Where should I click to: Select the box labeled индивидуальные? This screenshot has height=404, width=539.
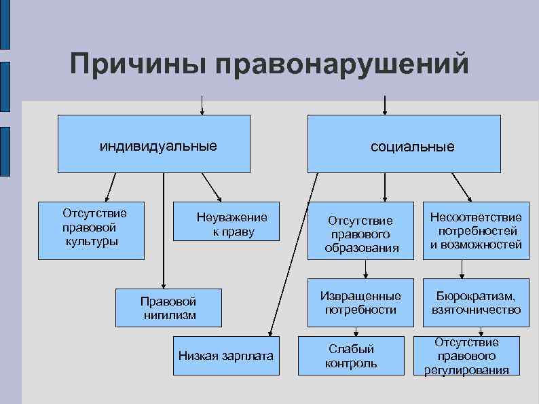(153, 144)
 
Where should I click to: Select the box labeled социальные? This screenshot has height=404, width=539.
(404, 144)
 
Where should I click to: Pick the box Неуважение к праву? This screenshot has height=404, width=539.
(227, 222)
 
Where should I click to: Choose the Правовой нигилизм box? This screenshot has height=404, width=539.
(169, 307)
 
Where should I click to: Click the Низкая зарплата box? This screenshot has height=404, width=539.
(226, 356)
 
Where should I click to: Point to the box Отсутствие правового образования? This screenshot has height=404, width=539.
(360, 231)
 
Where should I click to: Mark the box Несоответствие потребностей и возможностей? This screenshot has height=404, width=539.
(476, 231)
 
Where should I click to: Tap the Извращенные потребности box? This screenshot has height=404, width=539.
(360, 301)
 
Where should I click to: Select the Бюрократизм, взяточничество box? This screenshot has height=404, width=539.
(476, 301)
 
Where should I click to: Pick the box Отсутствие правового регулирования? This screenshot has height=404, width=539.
(466, 356)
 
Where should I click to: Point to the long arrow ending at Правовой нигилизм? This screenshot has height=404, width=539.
(164, 231)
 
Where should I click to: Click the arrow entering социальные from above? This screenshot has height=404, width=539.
(385, 105)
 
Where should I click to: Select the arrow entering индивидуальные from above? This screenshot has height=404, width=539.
(202, 105)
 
